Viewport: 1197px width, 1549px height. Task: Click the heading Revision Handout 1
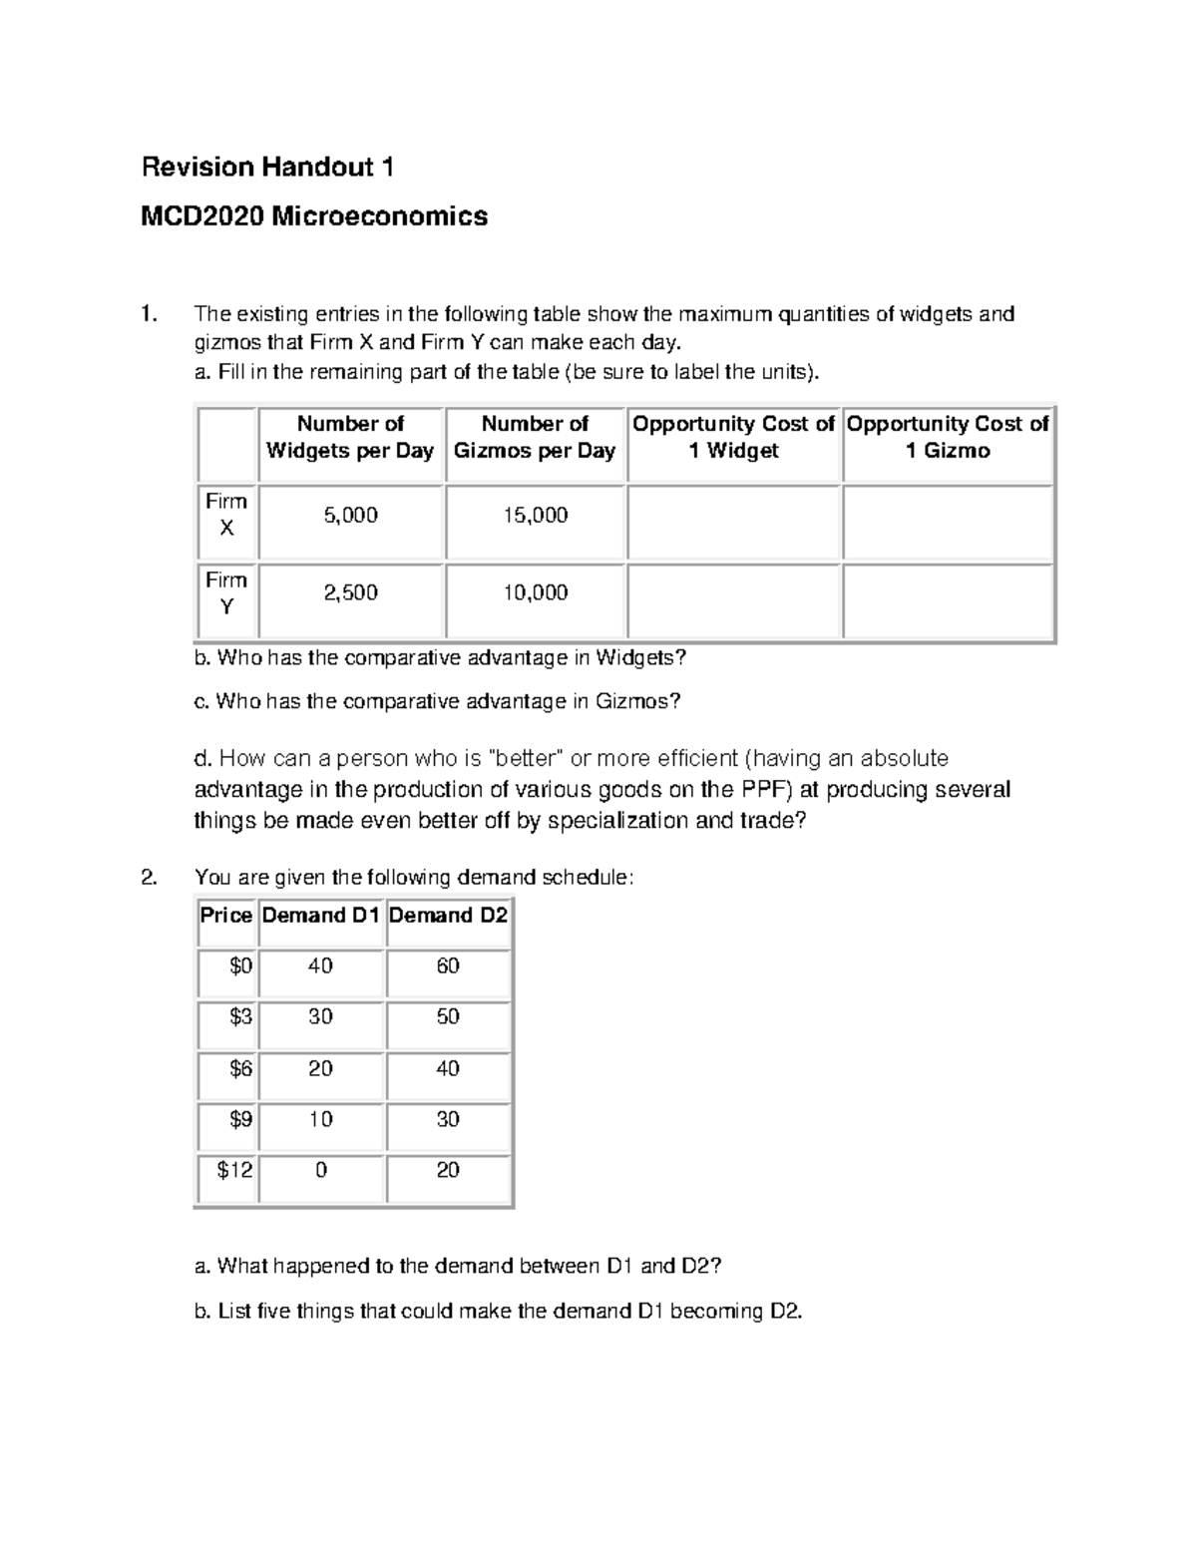267,168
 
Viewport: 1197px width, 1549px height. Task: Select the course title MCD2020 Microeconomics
314,216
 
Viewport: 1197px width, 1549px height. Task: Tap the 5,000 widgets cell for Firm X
350,516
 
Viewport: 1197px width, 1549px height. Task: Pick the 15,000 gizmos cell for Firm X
536,516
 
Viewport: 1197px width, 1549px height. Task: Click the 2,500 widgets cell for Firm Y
350,593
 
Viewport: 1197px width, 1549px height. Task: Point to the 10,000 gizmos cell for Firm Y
536,593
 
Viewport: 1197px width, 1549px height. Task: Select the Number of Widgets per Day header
350,438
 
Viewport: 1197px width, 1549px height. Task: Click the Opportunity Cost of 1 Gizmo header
948,438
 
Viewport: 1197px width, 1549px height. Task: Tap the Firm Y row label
226,593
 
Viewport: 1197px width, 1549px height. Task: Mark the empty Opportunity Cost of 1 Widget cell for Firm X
734,523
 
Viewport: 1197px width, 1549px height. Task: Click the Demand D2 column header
448,916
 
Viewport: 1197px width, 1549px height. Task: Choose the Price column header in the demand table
226,916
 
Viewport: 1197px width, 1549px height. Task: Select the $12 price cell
235,1170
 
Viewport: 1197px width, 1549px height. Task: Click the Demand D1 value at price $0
320,967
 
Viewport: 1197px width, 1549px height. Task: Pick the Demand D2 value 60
448,967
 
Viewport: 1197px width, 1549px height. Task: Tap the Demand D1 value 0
320,1170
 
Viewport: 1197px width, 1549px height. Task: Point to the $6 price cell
240,1069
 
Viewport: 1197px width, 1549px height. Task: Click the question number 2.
149,878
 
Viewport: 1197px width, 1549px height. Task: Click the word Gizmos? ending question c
637,702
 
